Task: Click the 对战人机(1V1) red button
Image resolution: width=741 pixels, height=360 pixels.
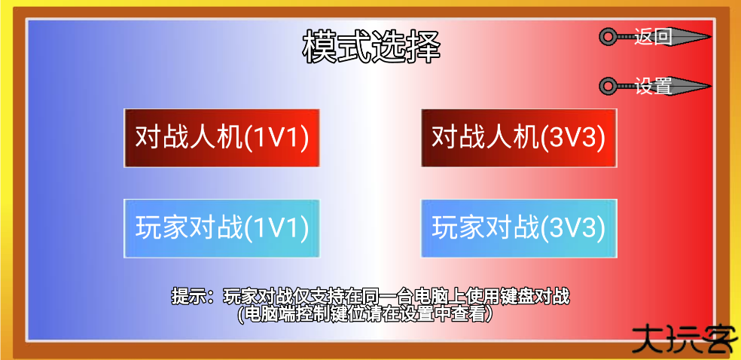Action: tap(221, 138)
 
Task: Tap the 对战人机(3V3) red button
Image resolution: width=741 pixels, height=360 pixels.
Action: tap(519, 138)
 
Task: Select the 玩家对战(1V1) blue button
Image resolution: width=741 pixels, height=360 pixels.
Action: tap(221, 229)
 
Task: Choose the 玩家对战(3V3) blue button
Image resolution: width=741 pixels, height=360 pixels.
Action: tap(519, 229)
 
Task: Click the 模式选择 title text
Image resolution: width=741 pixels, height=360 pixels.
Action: tap(371, 47)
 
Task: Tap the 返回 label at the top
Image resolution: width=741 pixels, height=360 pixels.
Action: tap(653, 36)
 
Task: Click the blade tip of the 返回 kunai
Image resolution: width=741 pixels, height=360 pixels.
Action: tap(711, 36)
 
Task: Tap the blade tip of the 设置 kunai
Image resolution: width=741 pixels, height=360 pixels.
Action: tap(711, 86)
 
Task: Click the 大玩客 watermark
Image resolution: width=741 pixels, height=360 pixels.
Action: tap(685, 338)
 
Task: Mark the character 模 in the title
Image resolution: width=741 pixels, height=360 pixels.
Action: tap(319, 47)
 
